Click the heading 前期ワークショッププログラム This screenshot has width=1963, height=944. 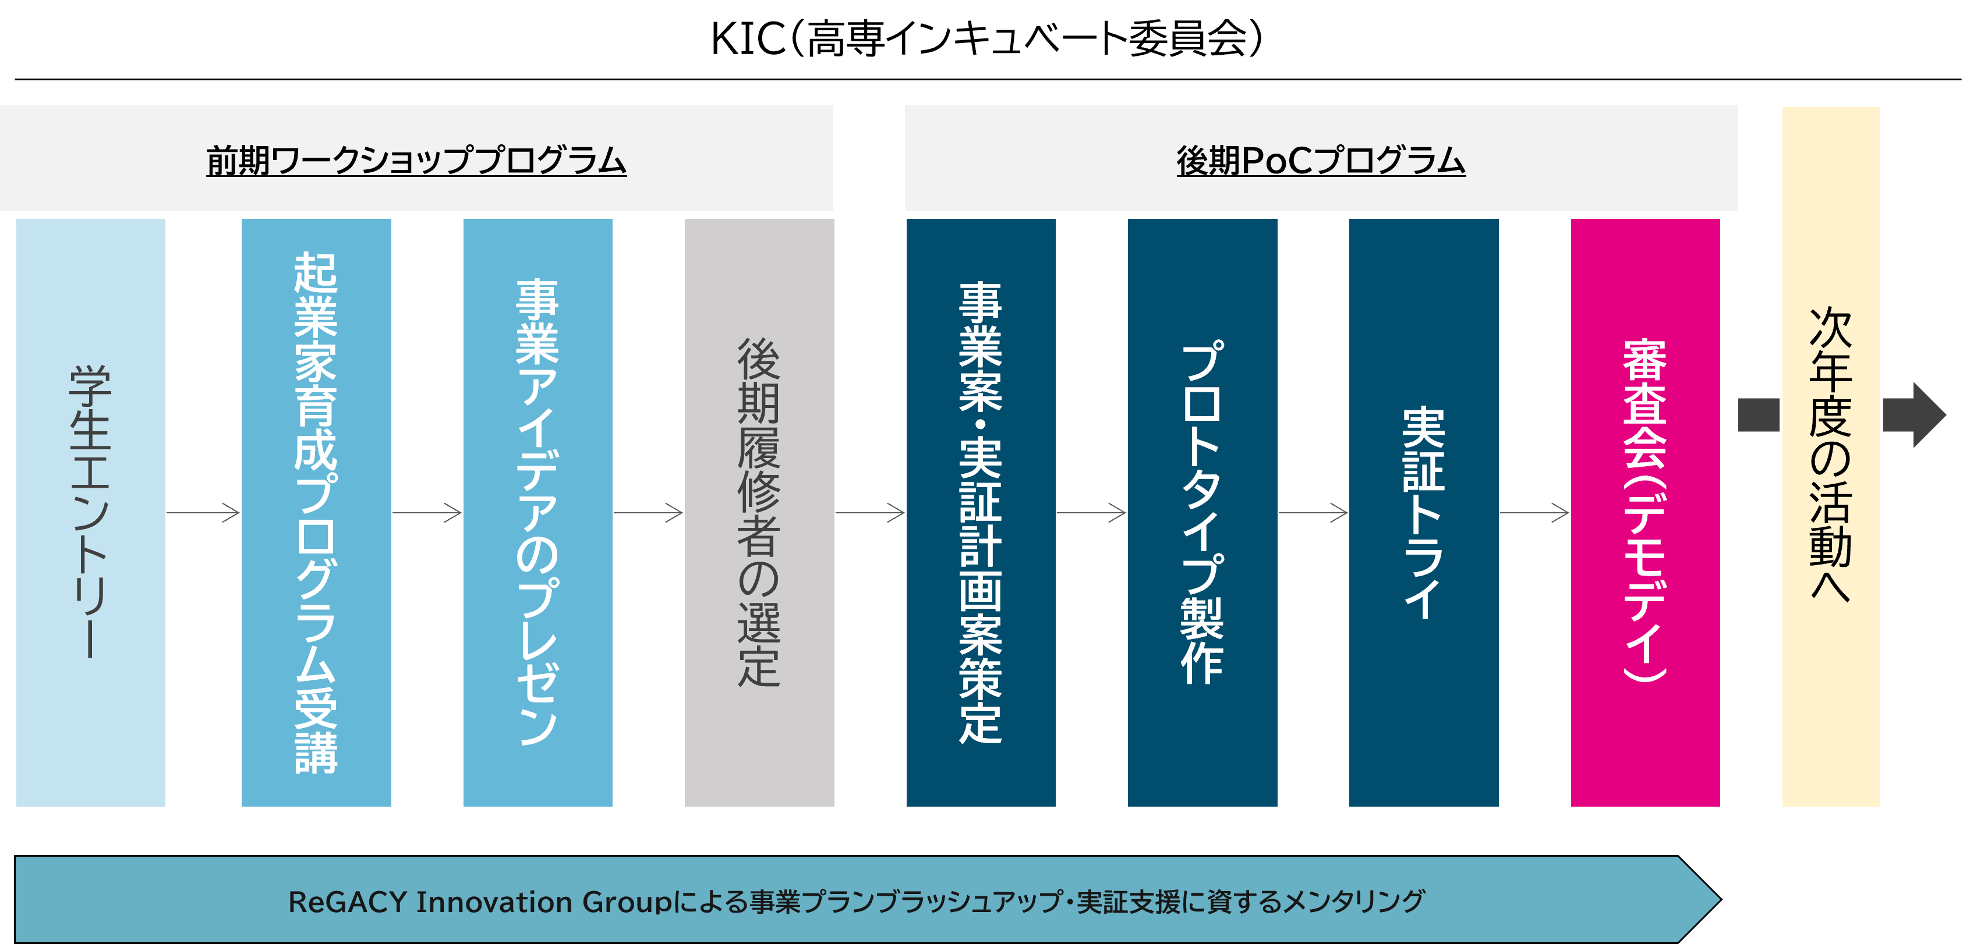pos(416,161)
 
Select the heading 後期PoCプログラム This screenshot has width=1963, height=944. pos(1321,161)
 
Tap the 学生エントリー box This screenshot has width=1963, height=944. pos(91,512)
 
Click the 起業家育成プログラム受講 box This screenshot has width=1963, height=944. pos(316,512)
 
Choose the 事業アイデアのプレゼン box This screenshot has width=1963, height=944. pos(537,512)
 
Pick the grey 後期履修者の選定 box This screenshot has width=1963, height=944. pos(759,512)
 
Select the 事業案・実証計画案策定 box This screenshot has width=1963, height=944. pos(981,512)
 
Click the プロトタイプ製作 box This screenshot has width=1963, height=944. pos(1202,512)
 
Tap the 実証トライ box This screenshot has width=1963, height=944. pos(1423,512)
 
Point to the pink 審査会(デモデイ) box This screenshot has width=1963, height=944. pos(1645,512)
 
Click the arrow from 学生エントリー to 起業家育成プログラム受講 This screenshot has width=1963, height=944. pos(203,513)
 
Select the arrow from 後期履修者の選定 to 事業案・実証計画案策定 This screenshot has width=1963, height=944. pos(870,513)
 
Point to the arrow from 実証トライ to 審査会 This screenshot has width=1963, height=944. pos(1535,513)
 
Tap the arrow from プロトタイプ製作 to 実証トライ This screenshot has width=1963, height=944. pos(1313,513)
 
